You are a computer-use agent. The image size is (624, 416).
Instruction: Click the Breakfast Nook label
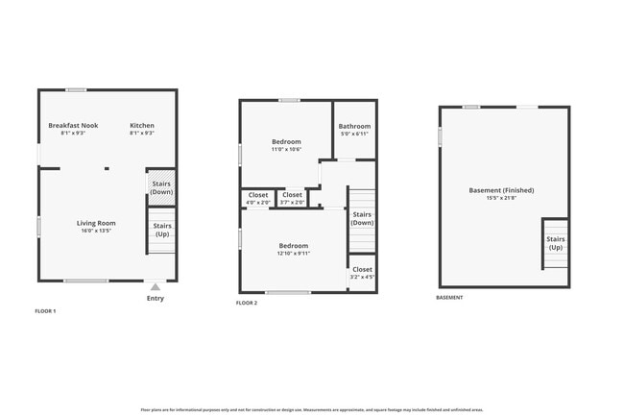(74, 126)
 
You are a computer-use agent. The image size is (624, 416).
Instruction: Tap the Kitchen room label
(142, 126)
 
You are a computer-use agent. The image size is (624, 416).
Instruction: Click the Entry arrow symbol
(156, 286)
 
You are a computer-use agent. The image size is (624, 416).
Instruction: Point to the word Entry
(156, 298)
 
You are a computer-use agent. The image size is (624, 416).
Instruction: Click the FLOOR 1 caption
(45, 311)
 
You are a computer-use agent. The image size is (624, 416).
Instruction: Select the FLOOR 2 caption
(247, 303)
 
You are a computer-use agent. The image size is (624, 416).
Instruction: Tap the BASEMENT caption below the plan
(449, 298)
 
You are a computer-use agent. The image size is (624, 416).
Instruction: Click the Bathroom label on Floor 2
(354, 127)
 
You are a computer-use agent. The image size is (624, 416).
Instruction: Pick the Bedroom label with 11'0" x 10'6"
(286, 142)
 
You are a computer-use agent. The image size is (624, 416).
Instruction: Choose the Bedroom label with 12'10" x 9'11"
(293, 246)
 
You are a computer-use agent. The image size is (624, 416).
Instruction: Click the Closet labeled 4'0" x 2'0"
(257, 195)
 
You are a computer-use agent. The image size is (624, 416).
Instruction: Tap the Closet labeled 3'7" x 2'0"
(292, 195)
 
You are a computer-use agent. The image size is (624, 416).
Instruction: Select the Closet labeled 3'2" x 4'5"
(362, 270)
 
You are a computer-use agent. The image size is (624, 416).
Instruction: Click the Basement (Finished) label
(501, 190)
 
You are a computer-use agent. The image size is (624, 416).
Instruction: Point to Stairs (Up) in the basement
(555, 243)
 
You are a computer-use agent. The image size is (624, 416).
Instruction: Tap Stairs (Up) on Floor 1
(161, 231)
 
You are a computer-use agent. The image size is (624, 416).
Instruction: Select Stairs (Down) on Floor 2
(362, 219)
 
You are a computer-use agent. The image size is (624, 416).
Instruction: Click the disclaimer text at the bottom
(311, 409)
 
